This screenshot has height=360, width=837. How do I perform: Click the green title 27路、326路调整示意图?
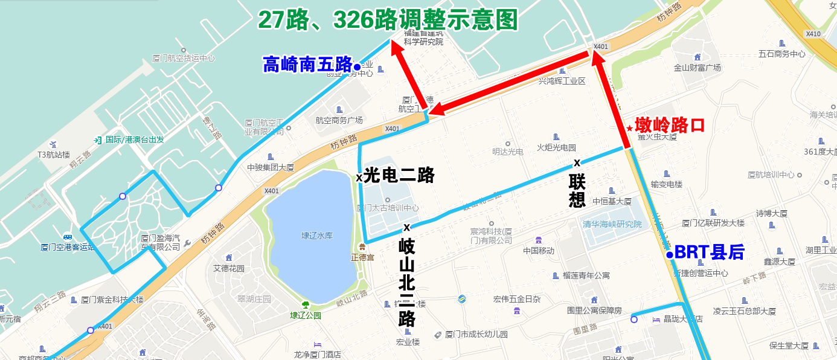[388, 20]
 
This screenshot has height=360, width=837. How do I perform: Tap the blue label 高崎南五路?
[307, 64]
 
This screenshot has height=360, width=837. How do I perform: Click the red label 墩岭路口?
[670, 125]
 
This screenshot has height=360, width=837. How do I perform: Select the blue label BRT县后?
[709, 252]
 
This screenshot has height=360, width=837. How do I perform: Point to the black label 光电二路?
[399, 175]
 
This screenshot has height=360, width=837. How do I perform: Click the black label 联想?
[577, 191]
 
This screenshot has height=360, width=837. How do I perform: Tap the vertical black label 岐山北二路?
[407, 282]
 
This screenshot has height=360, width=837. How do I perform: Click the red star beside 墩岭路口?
[630, 128]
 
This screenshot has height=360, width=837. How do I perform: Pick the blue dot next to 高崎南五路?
[357, 66]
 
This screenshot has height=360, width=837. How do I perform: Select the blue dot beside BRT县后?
[670, 255]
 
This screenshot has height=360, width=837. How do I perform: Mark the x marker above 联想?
[577, 162]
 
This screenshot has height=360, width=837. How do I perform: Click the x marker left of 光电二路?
[359, 178]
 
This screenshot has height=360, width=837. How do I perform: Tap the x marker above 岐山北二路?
[407, 227]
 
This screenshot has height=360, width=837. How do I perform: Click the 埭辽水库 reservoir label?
[317, 236]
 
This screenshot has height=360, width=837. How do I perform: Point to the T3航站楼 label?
[54, 155]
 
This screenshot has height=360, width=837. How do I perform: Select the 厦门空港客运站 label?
[68, 247]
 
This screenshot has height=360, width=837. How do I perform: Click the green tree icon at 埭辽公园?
[306, 304]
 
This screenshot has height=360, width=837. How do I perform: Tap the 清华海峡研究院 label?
[612, 224]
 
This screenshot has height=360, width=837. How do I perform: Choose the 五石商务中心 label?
[782, 54]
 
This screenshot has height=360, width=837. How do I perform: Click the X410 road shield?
[813, 34]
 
